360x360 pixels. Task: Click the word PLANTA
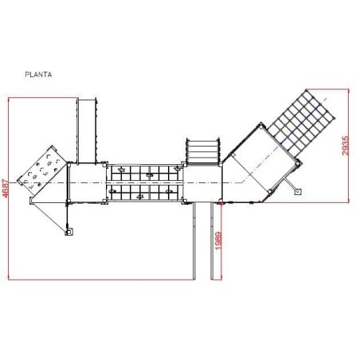coord(38,75)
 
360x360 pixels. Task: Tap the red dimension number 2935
coord(345,146)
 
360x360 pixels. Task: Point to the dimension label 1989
coord(218,241)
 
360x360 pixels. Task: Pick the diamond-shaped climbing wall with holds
coord(42,168)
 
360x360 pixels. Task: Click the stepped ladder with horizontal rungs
coord(203,151)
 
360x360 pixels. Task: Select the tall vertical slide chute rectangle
coord(87,131)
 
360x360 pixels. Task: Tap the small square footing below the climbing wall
coord(69,232)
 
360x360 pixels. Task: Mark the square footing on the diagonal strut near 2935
coord(298,191)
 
